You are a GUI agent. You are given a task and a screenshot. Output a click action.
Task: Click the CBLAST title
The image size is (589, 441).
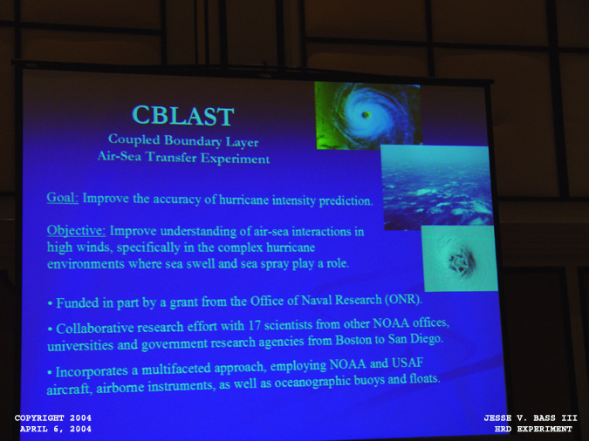(183, 115)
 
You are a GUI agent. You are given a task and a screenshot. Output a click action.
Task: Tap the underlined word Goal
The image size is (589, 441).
(62, 198)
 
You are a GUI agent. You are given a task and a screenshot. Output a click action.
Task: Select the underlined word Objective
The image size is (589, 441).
(76, 230)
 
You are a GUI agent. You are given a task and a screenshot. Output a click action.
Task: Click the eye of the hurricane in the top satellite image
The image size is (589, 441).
(365, 114)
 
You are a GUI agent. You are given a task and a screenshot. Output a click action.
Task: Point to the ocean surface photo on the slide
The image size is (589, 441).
(437, 187)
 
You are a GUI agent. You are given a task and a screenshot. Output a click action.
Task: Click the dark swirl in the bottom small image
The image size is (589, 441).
(462, 259)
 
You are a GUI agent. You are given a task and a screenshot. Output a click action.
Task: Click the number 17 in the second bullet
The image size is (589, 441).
(254, 325)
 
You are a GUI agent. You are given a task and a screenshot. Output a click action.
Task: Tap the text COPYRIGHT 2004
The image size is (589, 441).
(53, 417)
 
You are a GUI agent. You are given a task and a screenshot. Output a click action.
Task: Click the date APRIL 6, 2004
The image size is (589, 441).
(56, 429)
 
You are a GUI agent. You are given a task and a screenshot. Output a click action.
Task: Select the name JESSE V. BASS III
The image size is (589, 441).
(531, 417)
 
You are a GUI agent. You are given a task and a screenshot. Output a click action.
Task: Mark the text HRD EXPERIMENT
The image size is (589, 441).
(533, 429)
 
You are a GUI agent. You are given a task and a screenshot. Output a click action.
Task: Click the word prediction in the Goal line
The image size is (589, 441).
(346, 201)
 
